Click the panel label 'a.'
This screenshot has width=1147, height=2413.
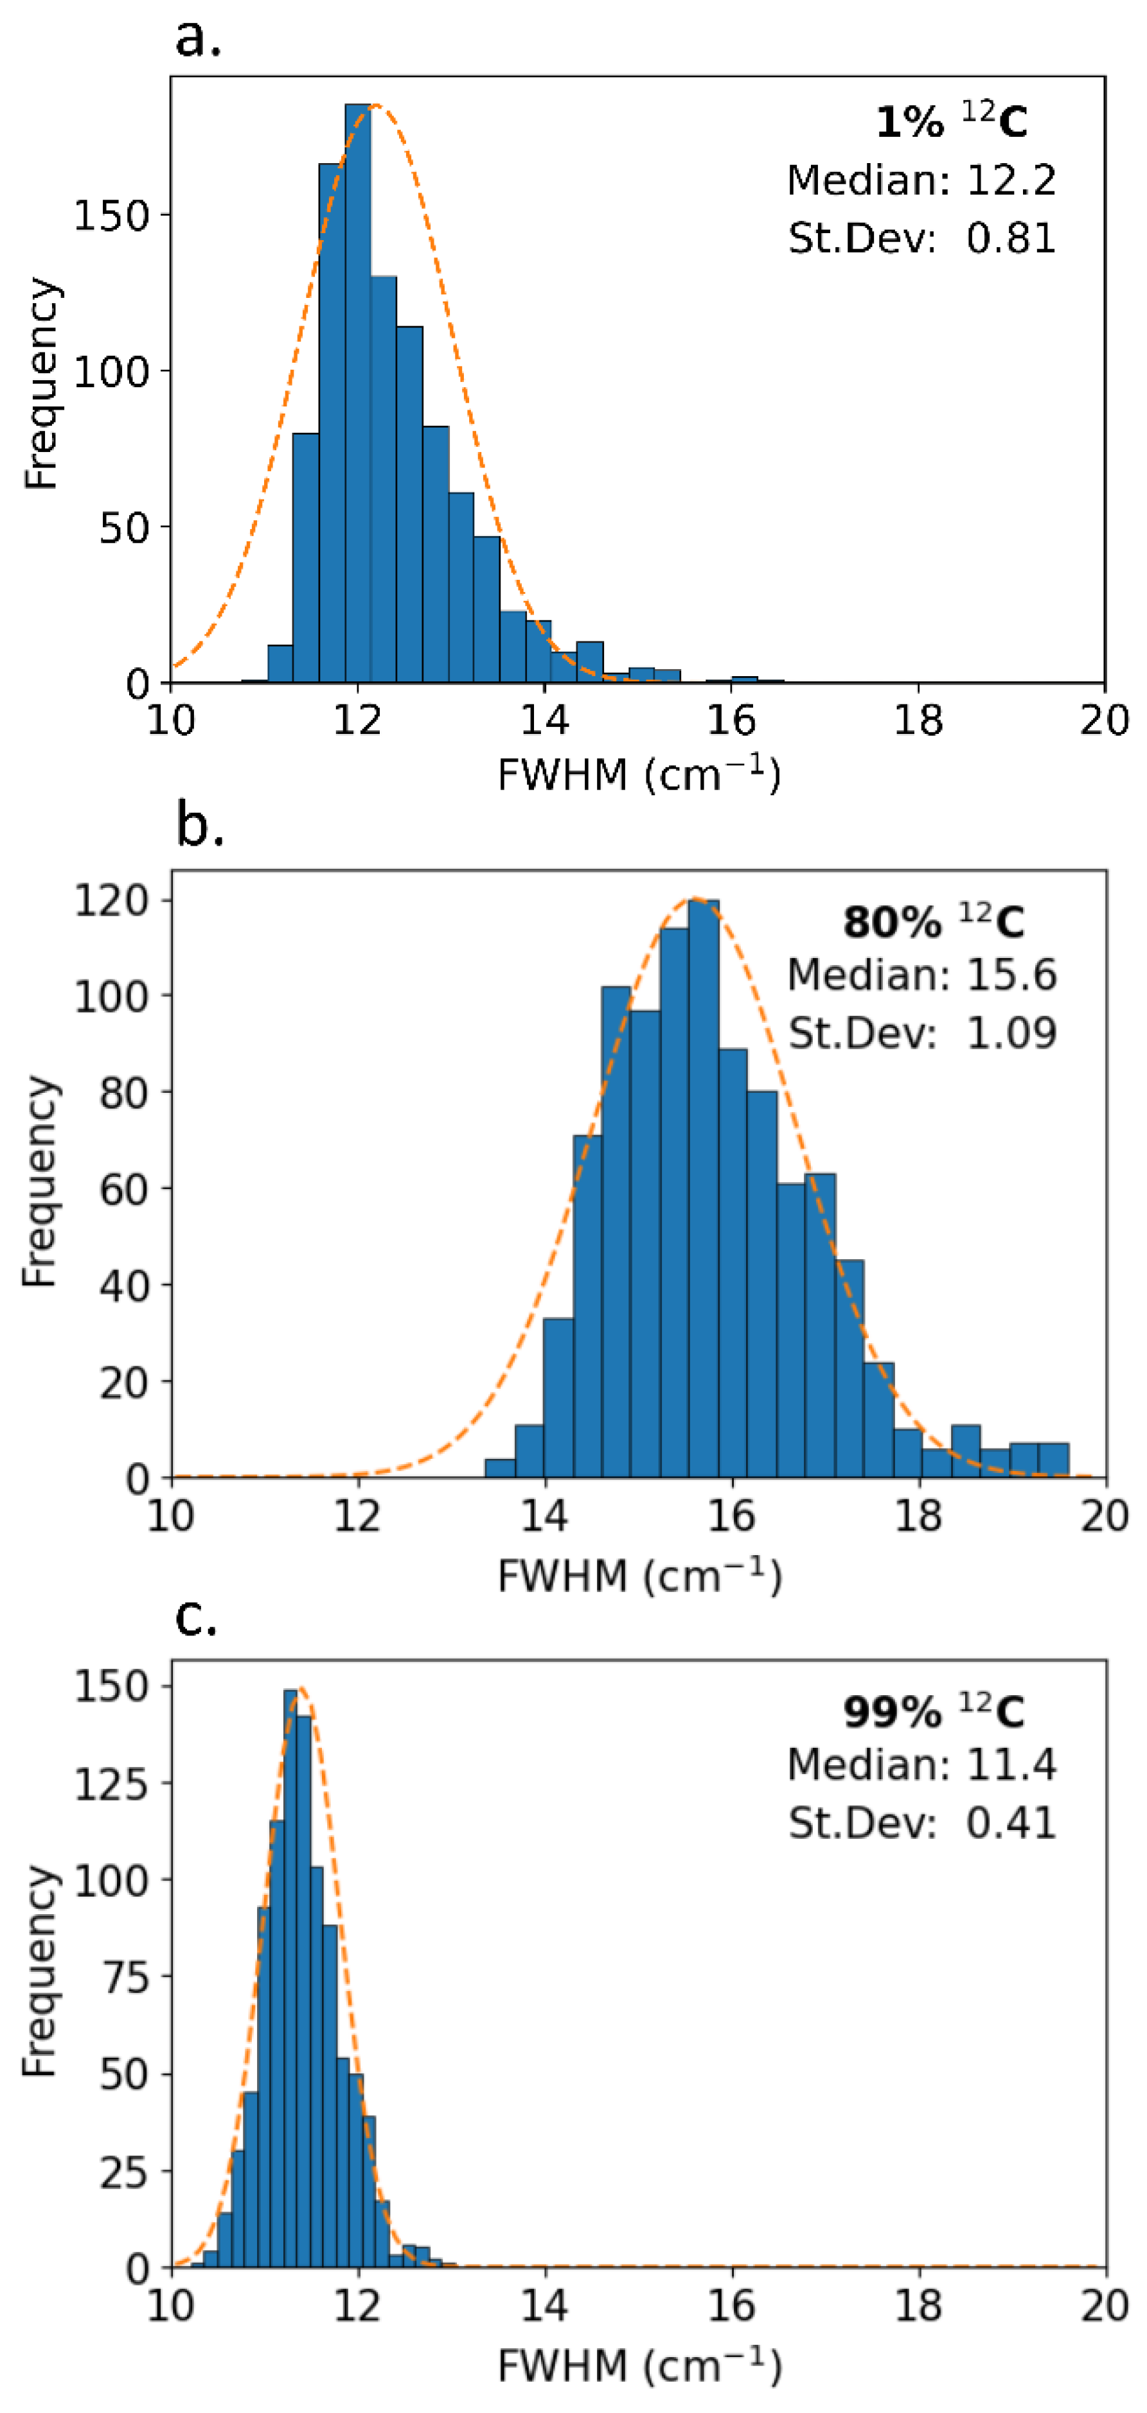(x=198, y=39)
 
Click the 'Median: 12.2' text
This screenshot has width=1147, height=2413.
(x=921, y=180)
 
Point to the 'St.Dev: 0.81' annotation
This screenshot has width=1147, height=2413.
(x=921, y=238)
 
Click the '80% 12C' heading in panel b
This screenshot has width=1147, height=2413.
(x=933, y=922)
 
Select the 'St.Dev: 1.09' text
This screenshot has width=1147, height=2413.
(x=922, y=1033)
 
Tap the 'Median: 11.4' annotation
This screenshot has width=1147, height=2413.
(x=922, y=1764)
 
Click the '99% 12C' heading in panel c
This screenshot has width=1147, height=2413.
(x=933, y=1711)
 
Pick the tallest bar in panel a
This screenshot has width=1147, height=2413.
(x=358, y=394)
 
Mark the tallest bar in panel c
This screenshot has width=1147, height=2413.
(x=290, y=1976)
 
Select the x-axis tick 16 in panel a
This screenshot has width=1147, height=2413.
(x=731, y=720)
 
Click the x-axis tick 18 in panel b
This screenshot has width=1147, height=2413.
(x=918, y=1515)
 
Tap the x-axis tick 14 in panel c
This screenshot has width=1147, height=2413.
(x=544, y=2305)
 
